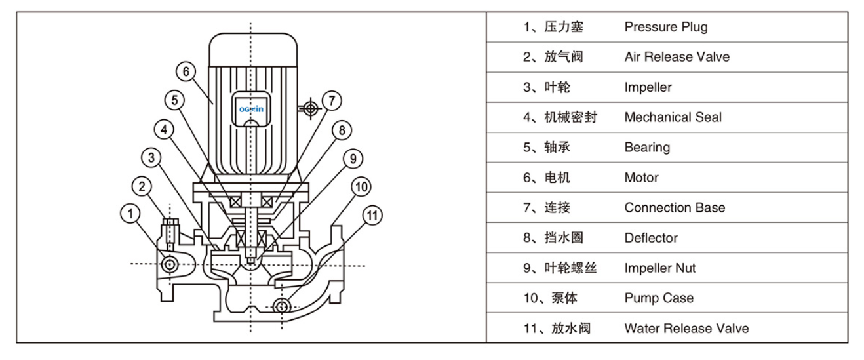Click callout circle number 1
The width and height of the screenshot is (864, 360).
(x=130, y=213)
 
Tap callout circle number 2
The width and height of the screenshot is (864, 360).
(x=142, y=186)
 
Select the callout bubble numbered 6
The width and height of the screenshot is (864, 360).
(x=186, y=71)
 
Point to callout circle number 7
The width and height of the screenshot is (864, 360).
(x=332, y=100)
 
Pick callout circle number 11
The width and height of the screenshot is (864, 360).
(x=371, y=214)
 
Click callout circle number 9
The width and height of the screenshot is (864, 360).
(x=352, y=158)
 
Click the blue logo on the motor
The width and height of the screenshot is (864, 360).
(x=250, y=109)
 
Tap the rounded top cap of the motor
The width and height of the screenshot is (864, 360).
(x=253, y=47)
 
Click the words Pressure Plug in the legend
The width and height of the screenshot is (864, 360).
(x=665, y=27)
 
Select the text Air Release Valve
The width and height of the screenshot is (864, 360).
(x=677, y=57)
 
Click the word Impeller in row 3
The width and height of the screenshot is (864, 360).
(x=648, y=87)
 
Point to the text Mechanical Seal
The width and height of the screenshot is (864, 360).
(x=673, y=117)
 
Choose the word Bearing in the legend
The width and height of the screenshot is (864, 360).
(x=647, y=148)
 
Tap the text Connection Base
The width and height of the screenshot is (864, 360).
(x=675, y=208)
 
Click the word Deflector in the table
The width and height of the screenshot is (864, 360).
(x=650, y=238)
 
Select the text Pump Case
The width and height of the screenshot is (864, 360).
(x=659, y=298)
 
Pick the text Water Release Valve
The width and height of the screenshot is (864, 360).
(x=686, y=329)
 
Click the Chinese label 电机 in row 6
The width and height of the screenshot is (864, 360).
(x=557, y=178)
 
